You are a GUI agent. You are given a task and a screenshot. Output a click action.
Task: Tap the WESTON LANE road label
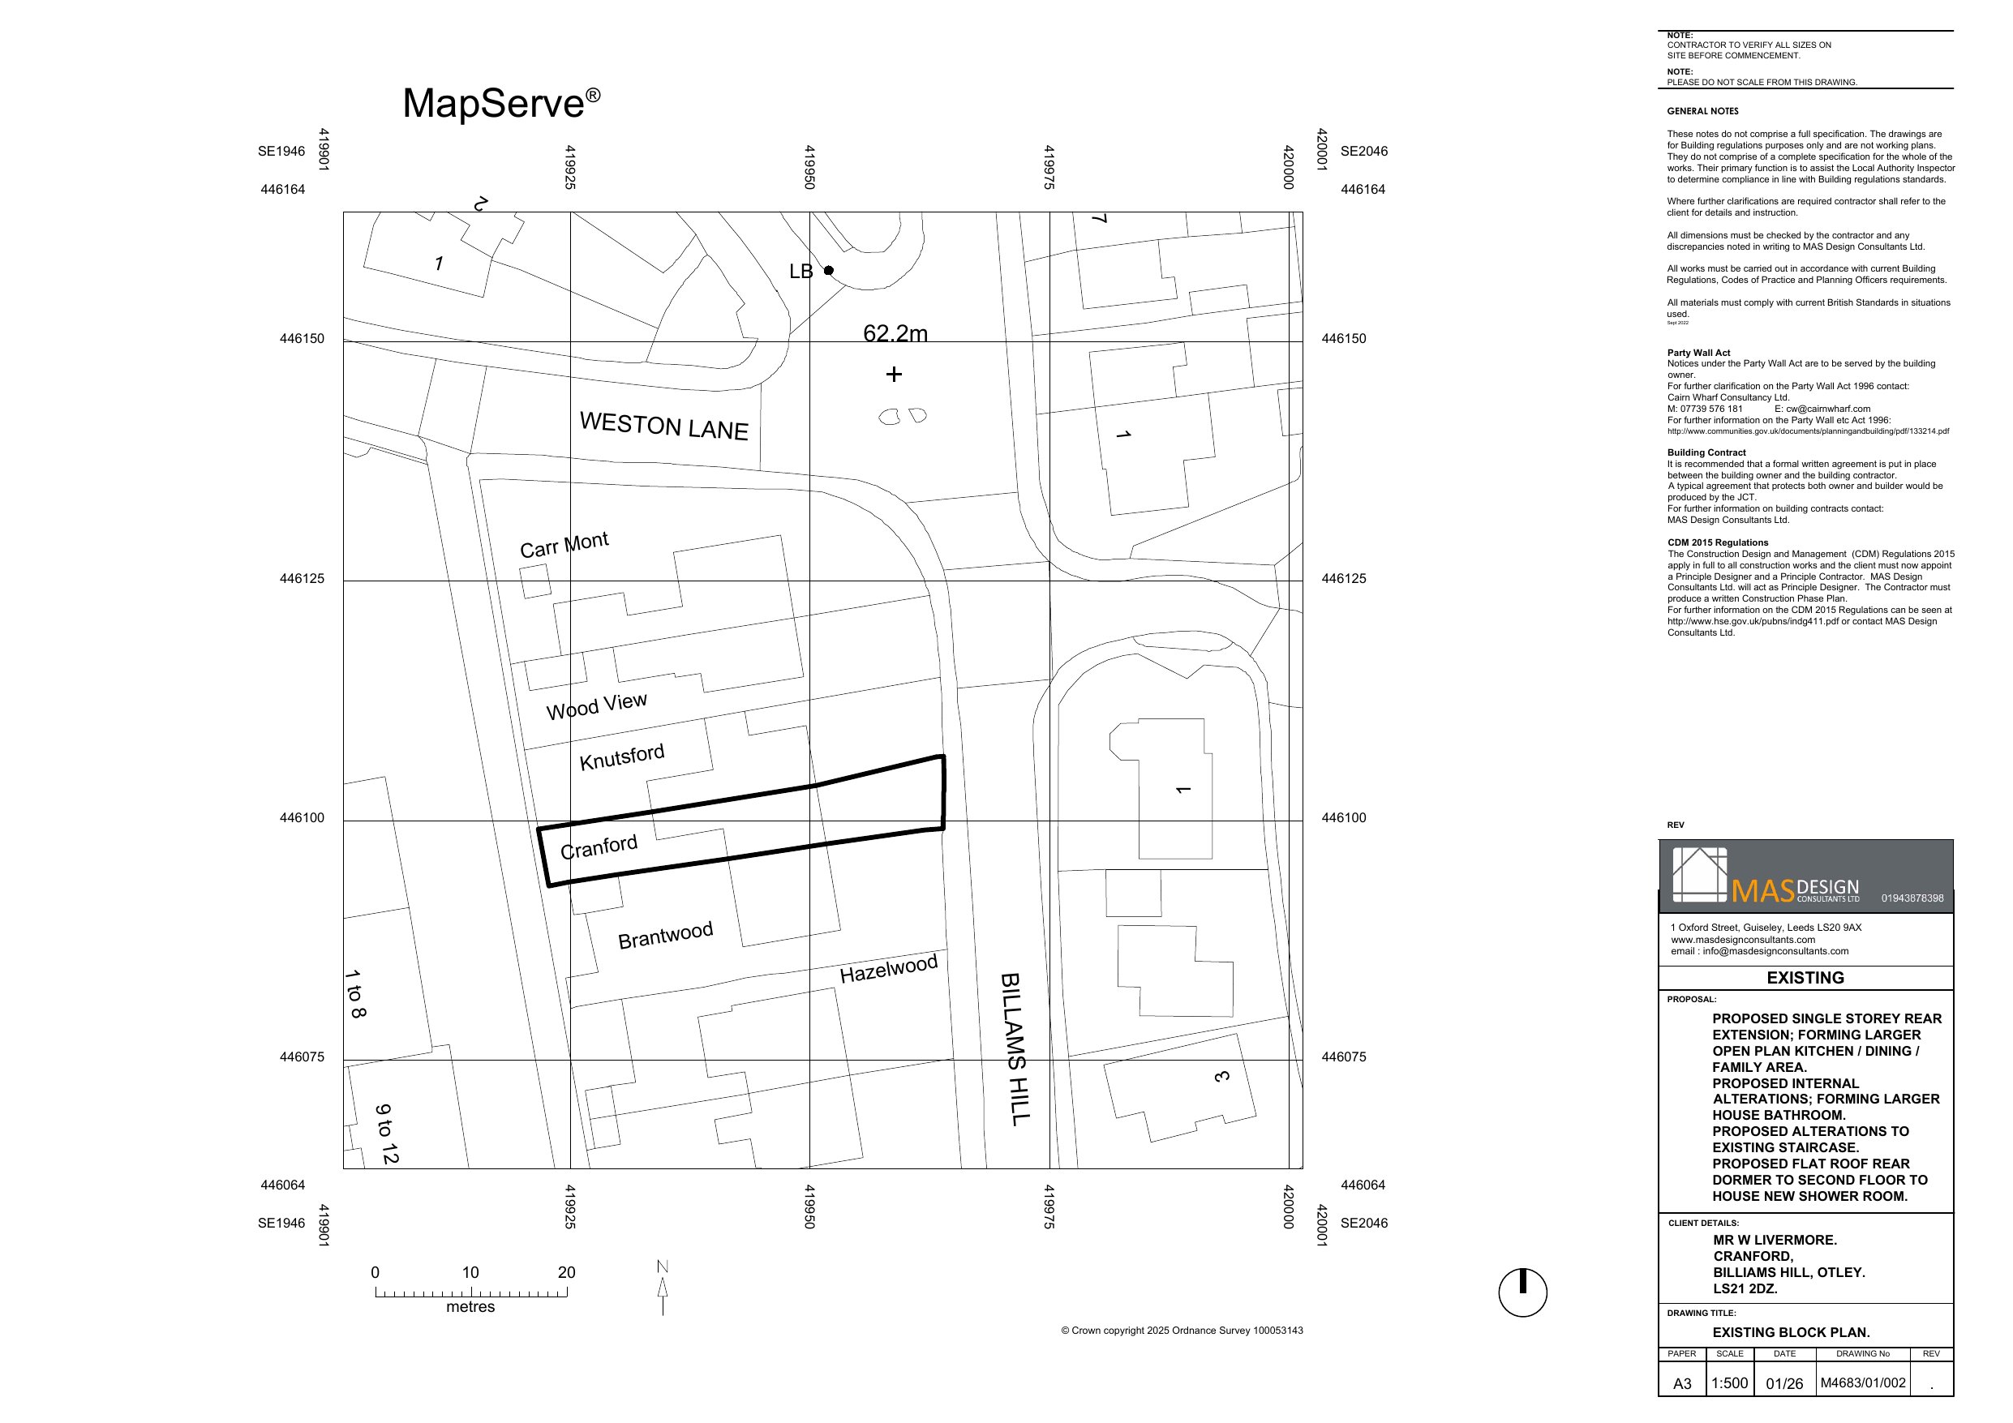(663, 426)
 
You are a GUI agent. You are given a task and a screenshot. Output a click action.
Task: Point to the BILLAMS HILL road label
(1015, 1048)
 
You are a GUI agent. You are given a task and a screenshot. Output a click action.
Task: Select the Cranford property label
(599, 848)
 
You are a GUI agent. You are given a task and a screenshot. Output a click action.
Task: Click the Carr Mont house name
(564, 545)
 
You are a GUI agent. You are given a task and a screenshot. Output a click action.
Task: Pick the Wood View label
(596, 705)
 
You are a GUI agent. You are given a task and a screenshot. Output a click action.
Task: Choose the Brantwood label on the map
(664, 936)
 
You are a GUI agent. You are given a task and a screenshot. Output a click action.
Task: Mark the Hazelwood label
(888, 969)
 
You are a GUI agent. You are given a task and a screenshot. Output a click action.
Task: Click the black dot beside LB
(829, 270)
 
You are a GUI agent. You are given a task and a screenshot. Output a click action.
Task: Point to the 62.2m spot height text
(895, 333)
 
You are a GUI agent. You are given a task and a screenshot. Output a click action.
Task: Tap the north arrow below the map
(663, 1290)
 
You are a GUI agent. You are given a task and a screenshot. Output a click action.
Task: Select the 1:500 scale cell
(1729, 1383)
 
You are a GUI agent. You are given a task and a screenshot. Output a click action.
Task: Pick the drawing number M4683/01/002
(1862, 1383)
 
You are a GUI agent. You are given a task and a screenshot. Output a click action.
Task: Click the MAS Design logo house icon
(1699, 874)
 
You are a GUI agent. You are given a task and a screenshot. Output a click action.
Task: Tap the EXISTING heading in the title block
(1805, 978)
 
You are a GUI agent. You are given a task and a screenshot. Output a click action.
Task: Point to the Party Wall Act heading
(1698, 353)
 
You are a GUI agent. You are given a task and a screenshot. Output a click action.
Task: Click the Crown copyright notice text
(1181, 1331)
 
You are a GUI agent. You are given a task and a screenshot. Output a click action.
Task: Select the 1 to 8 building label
(355, 993)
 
